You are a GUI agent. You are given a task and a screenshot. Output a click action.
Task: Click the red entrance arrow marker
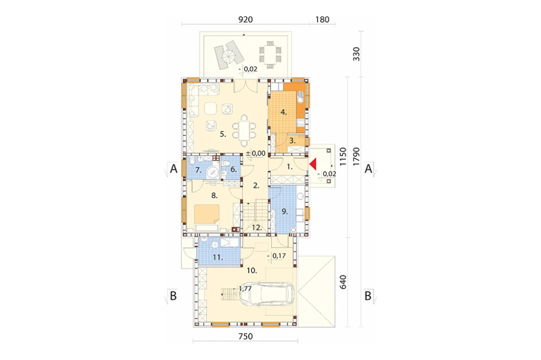pos(313,164)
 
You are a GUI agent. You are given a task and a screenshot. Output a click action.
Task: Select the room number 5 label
pos(223,134)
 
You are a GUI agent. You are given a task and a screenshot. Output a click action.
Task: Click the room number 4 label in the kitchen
pos(283,112)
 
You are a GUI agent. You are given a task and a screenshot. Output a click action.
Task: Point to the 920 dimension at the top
pos(246,19)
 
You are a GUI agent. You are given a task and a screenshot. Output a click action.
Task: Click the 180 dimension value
pos(322,19)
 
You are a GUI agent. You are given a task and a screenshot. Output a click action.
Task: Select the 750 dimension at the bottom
pos(246,336)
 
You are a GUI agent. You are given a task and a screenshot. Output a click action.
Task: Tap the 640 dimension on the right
pos(342,282)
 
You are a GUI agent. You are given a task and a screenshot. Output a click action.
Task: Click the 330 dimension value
pos(356,54)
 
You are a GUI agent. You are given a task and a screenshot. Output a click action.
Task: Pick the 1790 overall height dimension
pos(356,157)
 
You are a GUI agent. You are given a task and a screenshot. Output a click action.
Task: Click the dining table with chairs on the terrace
pos(270,55)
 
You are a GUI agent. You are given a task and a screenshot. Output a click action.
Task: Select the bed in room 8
pos(207,216)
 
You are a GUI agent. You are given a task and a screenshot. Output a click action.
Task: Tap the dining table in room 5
pos(245,130)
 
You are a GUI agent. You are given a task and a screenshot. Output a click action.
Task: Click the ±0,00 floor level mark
pos(256,153)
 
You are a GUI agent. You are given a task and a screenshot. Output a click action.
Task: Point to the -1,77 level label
pos(243,289)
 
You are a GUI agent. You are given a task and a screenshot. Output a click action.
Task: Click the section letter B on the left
pos(173,296)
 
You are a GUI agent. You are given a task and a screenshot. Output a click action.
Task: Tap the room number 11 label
pos(217,257)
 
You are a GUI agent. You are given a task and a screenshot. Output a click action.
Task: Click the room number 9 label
pos(285,211)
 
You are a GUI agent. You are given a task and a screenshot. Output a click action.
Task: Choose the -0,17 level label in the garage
pos(276,256)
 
